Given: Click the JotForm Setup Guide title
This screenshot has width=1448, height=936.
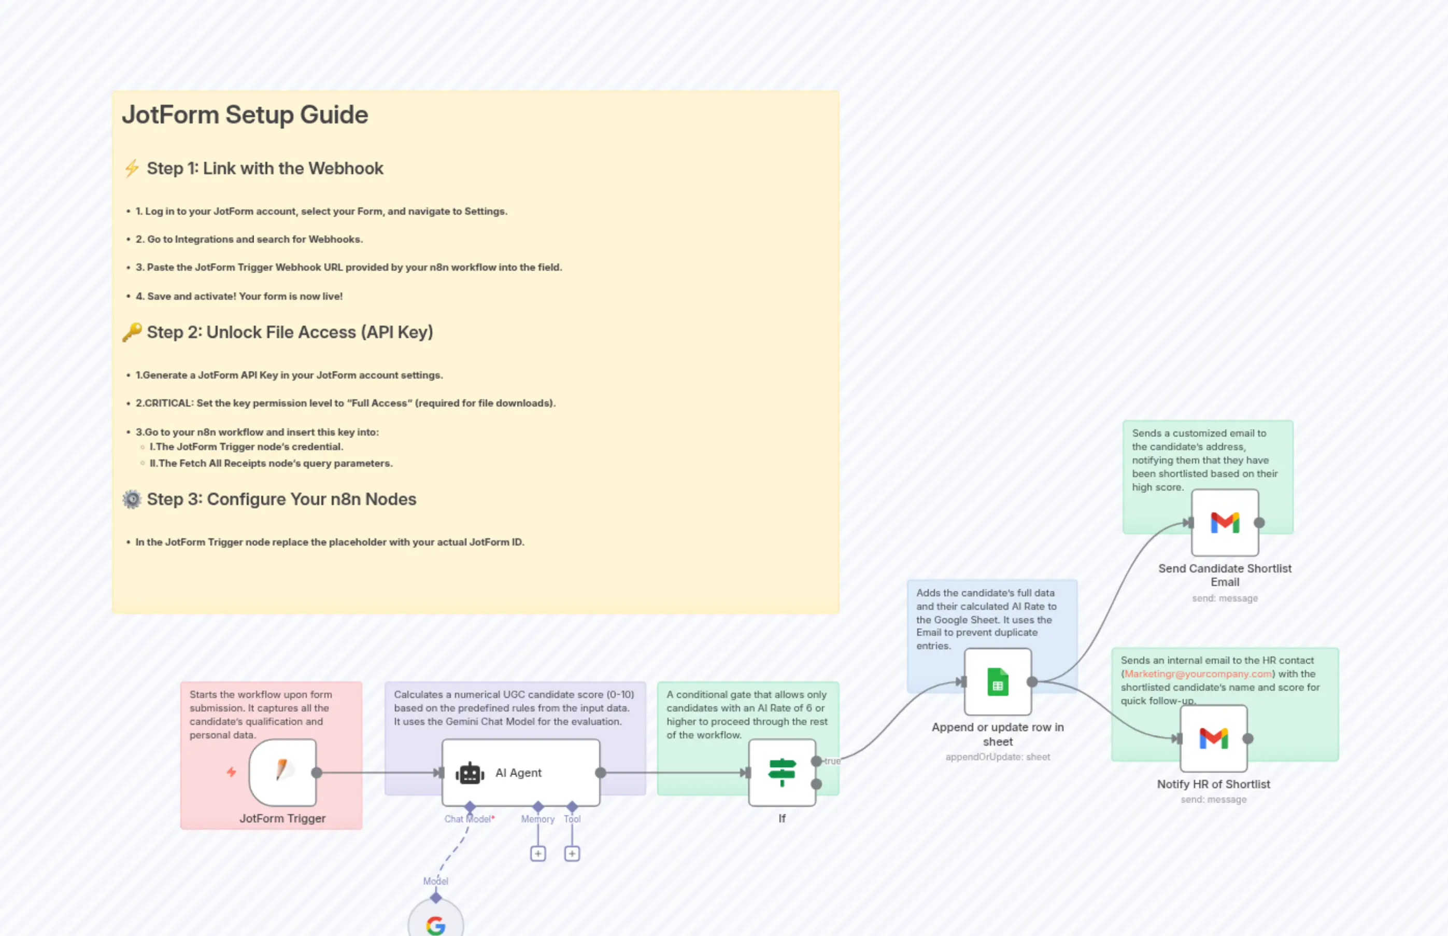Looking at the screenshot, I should coord(245,115).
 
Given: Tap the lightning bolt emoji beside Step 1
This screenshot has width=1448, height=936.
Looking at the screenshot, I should coord(132,169).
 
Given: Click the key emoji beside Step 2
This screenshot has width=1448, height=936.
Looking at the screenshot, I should coord(132,332).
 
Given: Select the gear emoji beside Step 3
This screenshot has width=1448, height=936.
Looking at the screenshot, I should coord(132,499).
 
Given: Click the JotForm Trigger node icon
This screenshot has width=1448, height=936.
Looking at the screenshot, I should coord(282,772).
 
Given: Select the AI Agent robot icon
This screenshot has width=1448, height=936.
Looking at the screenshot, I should coord(470,773).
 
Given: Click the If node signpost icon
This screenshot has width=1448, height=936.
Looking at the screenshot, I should coord(782,773).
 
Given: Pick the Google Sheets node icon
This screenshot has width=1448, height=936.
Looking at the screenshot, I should coord(997,682).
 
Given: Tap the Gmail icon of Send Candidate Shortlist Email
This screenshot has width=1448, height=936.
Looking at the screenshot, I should coord(1225,523).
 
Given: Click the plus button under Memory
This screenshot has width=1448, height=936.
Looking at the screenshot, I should coord(537,854).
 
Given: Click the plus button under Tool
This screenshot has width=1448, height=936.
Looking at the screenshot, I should coord(572,854).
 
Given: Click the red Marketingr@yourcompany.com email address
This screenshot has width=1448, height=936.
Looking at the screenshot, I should coord(1198,674).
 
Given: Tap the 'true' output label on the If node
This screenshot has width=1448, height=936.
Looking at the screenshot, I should coord(832,761).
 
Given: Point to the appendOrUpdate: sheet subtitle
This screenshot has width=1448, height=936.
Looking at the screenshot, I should coord(997,757).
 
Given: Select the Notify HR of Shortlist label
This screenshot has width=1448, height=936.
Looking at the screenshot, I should coord(1213,785).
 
